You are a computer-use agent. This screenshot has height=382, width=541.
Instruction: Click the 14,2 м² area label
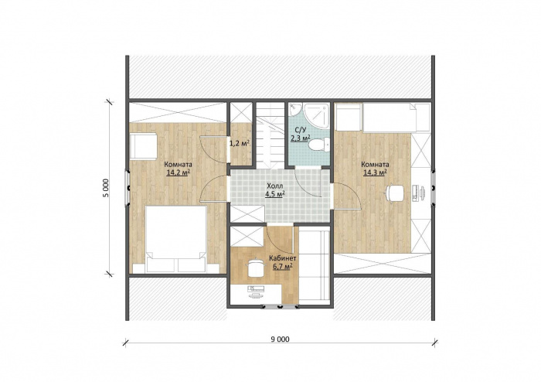point(178,172)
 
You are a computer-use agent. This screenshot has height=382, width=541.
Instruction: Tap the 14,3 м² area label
point(375,172)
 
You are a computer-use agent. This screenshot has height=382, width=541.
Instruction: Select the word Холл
point(274,186)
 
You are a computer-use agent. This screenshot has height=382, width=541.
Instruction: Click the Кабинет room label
point(283,258)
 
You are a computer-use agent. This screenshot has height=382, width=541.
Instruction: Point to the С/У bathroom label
point(300,130)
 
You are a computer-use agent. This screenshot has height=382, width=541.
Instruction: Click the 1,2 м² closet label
point(240,143)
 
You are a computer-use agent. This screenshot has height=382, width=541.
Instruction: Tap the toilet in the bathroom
point(318,145)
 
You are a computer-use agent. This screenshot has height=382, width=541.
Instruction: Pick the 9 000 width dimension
point(280,339)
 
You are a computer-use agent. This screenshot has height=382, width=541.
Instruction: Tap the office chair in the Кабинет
point(255,267)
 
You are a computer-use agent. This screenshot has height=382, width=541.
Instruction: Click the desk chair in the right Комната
point(395,193)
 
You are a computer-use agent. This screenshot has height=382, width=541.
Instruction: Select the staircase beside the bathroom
point(270,135)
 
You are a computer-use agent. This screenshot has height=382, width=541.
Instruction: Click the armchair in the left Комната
point(144,146)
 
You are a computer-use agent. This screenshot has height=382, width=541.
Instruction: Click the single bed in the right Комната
point(396,118)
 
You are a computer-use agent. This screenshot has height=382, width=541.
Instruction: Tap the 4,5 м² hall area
point(274,193)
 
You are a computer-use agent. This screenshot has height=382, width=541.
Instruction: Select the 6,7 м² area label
point(283,267)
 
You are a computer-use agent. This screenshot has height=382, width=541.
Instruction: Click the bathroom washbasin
point(295,110)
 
